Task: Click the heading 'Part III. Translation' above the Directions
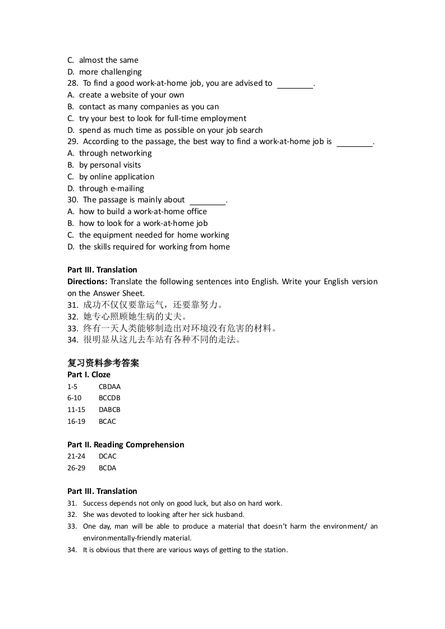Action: pyautogui.click(x=102, y=270)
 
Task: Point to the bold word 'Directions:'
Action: pyautogui.click(x=88, y=281)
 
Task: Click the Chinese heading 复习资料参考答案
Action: pyautogui.click(x=103, y=363)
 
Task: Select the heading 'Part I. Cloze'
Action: pyautogui.click(x=89, y=374)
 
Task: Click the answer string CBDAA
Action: pyautogui.click(x=109, y=386)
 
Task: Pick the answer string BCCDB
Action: pyautogui.click(x=109, y=398)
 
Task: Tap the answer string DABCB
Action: pyautogui.click(x=109, y=410)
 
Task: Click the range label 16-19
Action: pyautogui.click(x=76, y=422)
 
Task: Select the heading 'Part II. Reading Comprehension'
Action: pyautogui.click(x=126, y=445)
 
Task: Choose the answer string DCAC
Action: pyautogui.click(x=108, y=456)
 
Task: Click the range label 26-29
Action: pyautogui.click(x=76, y=468)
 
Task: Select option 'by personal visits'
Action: pyautogui.click(x=110, y=165)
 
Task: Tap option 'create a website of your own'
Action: pyautogui.click(x=131, y=95)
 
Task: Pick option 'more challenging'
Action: pyautogui.click(x=110, y=72)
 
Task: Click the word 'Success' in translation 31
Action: pyautogui.click(x=95, y=503)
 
